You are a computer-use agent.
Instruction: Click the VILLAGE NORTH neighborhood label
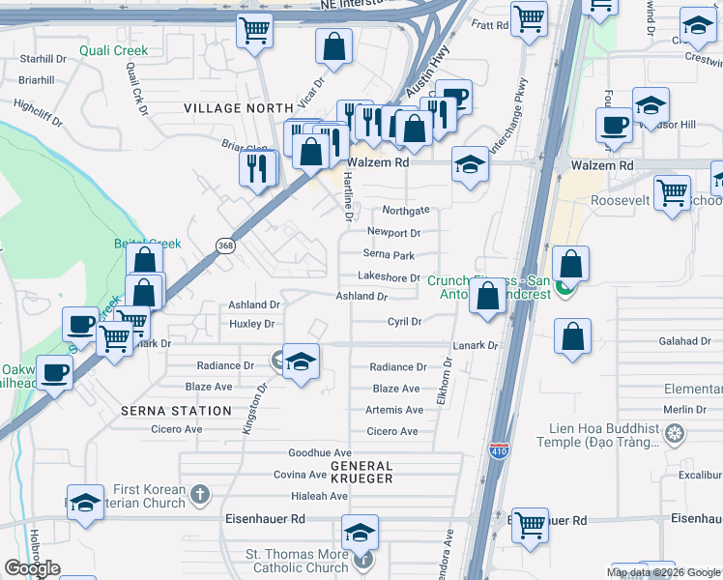click(x=238, y=107)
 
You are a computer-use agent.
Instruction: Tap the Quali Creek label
click(x=113, y=51)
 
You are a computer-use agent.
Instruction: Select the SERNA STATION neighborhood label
click(x=176, y=411)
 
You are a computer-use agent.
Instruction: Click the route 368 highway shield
click(x=225, y=246)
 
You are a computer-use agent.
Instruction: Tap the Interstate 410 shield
click(x=497, y=451)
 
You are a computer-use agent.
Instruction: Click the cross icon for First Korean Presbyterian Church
click(x=199, y=495)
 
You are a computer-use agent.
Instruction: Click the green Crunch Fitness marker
click(x=564, y=286)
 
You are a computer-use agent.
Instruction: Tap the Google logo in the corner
click(x=33, y=568)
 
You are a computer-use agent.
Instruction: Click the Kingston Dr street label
click(x=253, y=408)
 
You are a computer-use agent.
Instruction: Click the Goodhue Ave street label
click(x=312, y=452)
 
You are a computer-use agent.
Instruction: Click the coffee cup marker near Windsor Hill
click(x=614, y=125)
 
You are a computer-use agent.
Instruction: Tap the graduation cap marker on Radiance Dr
click(x=302, y=362)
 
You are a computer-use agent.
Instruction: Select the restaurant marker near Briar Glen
click(x=258, y=168)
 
